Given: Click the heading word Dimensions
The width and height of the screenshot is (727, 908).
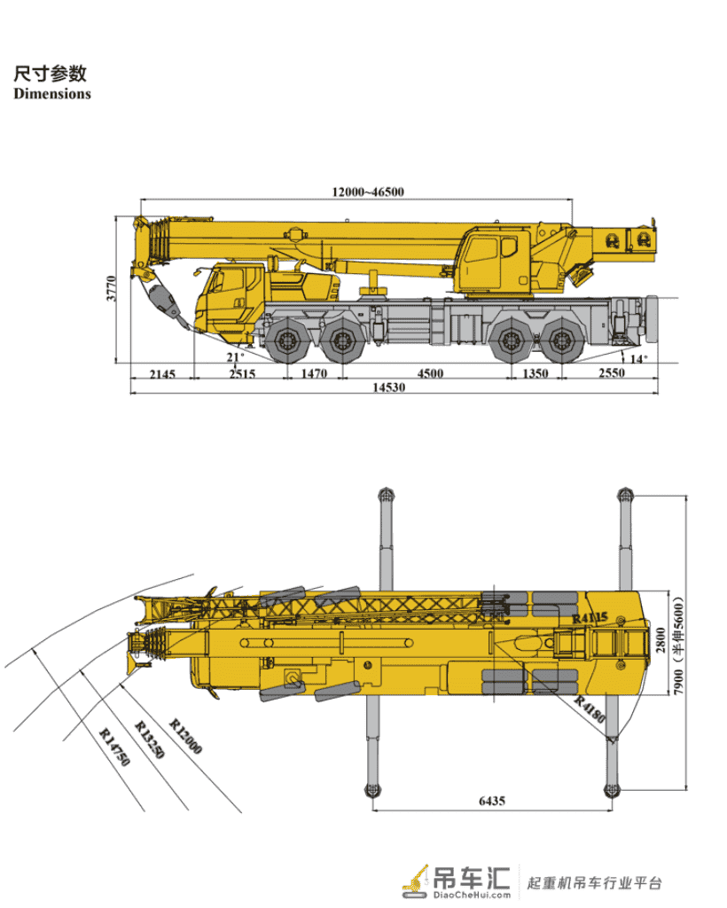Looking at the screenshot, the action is [x=52, y=94].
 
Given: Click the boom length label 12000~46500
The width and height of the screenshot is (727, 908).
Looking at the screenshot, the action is [x=368, y=192].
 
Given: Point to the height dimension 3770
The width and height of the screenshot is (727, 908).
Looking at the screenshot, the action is [x=111, y=288].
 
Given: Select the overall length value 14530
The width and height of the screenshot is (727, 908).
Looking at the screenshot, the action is [x=388, y=387].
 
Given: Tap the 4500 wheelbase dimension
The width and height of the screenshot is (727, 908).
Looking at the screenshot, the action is [x=430, y=373].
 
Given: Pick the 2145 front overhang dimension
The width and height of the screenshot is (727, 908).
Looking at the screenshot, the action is [x=162, y=374].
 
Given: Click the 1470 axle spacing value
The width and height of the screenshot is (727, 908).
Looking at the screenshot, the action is [x=314, y=373].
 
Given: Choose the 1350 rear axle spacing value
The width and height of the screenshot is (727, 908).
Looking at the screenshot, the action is [x=535, y=373].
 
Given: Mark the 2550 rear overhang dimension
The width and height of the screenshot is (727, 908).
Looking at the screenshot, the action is [x=611, y=373].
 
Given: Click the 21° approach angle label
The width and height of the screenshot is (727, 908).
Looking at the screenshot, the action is [x=235, y=357].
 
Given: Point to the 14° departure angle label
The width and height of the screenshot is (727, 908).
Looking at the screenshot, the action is [x=638, y=359].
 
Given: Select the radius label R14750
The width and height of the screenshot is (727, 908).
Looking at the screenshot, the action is [x=114, y=747].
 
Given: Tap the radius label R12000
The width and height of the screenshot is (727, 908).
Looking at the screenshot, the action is [x=185, y=736].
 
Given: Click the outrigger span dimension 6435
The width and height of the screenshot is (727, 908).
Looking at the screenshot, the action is [x=492, y=801].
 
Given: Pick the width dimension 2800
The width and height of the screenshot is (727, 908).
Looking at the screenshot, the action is [x=661, y=640].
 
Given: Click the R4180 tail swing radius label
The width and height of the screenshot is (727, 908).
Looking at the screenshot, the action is [x=590, y=709].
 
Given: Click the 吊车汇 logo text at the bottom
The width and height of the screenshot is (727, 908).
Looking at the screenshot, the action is [x=472, y=878].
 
